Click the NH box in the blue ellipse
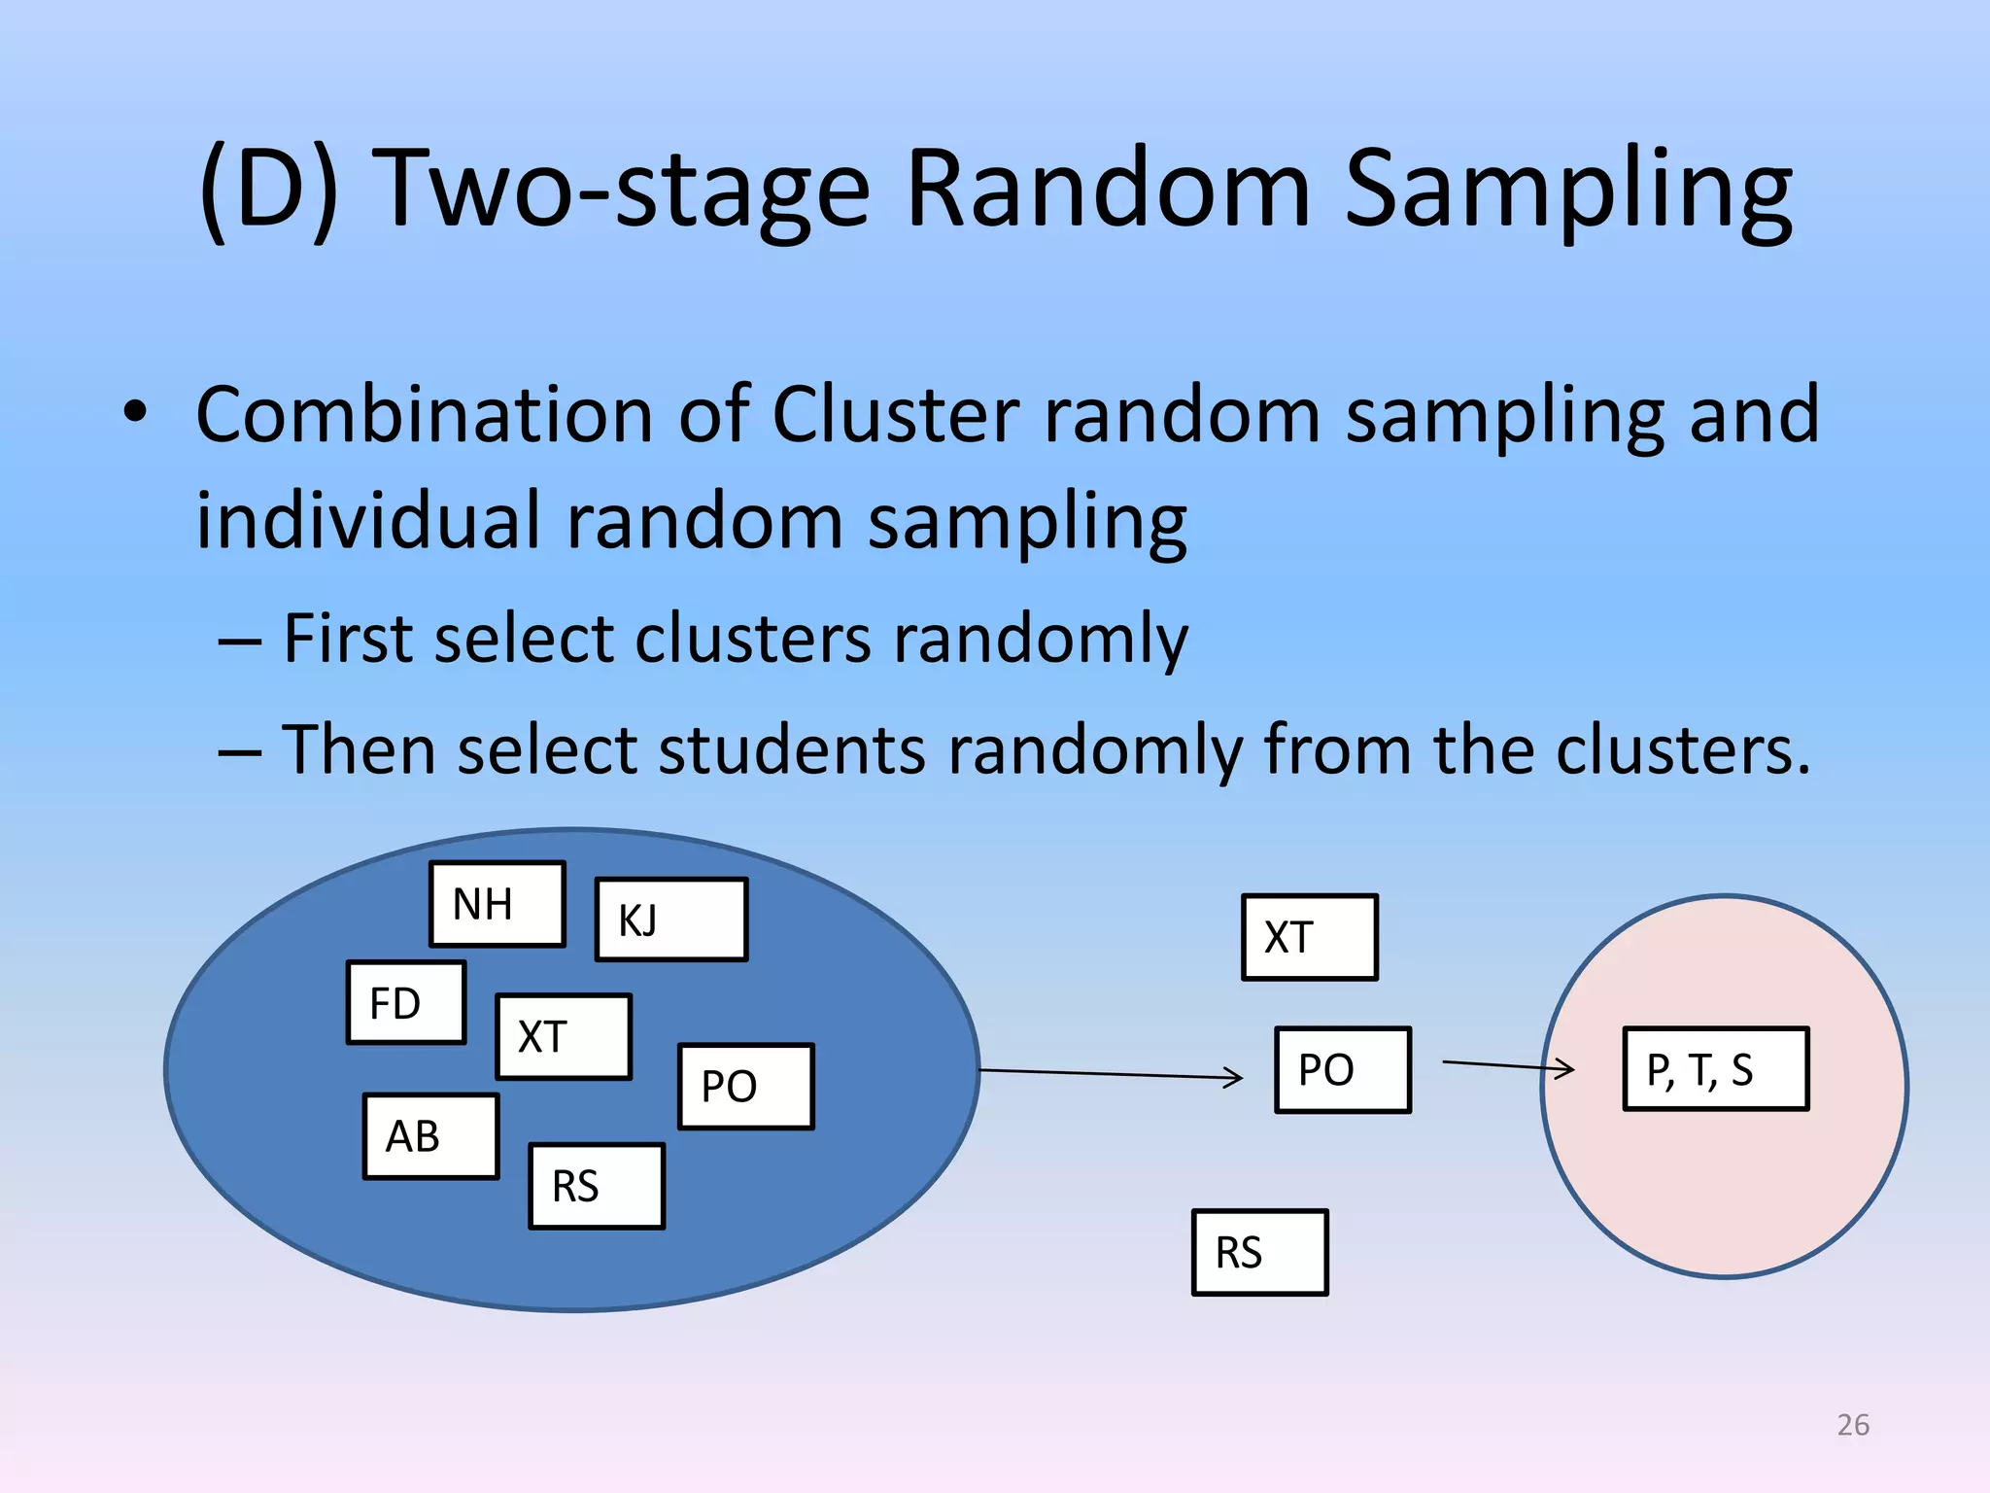pyautogui.click(x=497, y=904)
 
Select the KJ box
pyautogui.click(x=670, y=920)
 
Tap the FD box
pyautogui.click(x=406, y=1003)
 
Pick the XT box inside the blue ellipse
pyautogui.click(x=564, y=1037)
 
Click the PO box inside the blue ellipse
pyautogui.click(x=745, y=1087)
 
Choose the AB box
pyautogui.click(x=430, y=1136)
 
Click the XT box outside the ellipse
pyautogui.click(x=1309, y=937)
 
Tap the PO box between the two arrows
pyautogui.click(x=1342, y=1070)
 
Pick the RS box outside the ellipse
pyautogui.click(x=1259, y=1253)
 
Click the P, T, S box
pyautogui.click(x=1715, y=1069)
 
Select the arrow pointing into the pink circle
pyautogui.click(x=1508, y=1066)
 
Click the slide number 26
pyautogui.click(x=1853, y=1425)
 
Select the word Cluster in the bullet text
pyautogui.click(x=895, y=415)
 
